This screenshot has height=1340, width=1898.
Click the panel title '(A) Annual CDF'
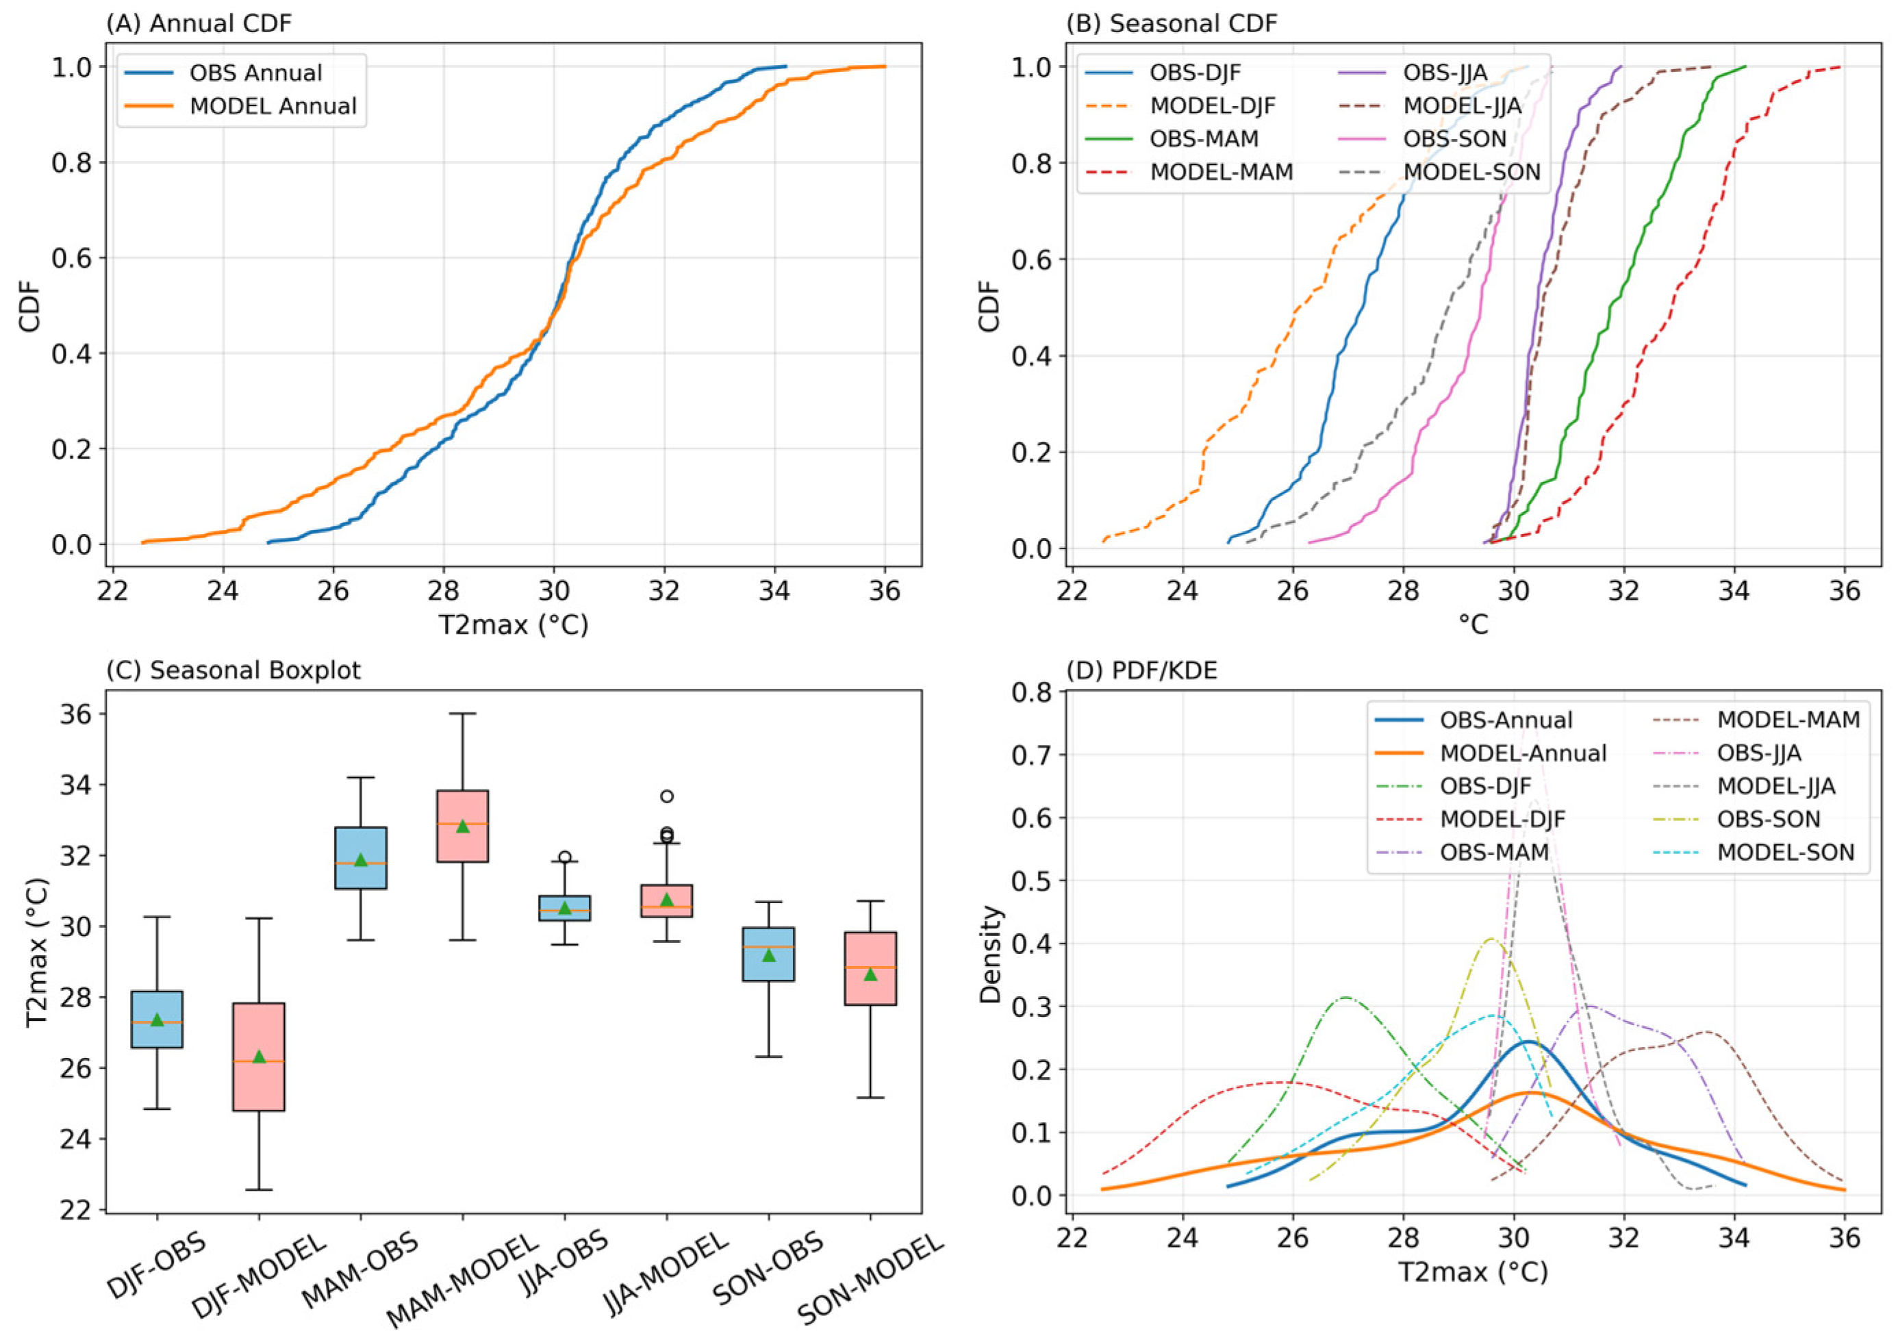click(199, 23)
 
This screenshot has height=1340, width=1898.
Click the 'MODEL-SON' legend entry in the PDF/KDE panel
click(1786, 852)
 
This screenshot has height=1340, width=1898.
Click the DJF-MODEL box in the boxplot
click(259, 1057)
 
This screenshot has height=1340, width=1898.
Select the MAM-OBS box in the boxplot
click(360, 857)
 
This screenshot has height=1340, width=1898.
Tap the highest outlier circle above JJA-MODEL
click(666, 796)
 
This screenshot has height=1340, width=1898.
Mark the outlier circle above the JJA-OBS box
click(565, 857)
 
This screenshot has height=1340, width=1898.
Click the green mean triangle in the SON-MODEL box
click(870, 974)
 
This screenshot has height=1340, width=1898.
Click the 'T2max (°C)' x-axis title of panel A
click(513, 625)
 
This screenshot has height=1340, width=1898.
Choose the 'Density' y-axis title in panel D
click(989, 954)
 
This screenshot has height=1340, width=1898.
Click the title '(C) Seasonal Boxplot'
click(233, 670)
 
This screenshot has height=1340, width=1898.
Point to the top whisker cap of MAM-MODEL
click(462, 713)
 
